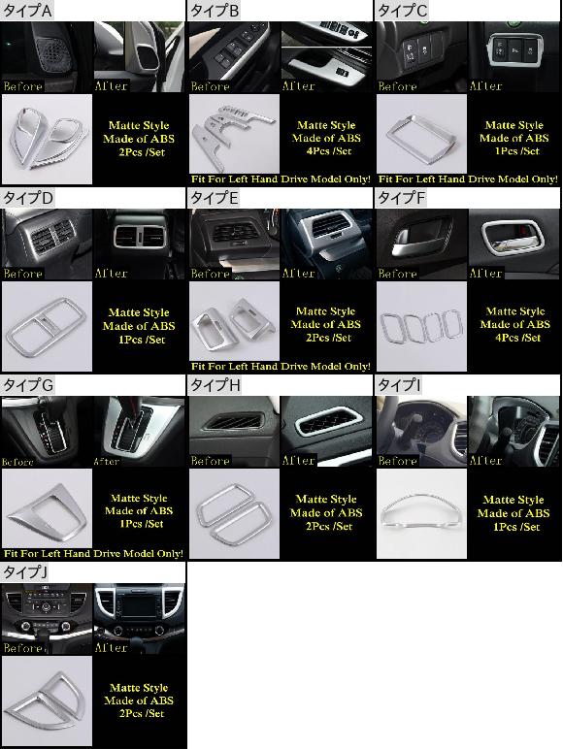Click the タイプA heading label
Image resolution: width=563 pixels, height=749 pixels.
click(27, 11)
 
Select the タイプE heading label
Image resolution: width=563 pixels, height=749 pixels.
click(215, 198)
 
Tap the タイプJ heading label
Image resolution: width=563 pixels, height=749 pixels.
click(25, 572)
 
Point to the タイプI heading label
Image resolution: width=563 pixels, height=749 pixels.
click(400, 385)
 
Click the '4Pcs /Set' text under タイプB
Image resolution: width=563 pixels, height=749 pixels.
click(328, 151)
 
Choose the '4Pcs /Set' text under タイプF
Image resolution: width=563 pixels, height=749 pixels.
click(517, 338)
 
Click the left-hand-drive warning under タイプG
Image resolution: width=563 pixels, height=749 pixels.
click(94, 554)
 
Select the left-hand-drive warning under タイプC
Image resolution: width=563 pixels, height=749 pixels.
click(468, 179)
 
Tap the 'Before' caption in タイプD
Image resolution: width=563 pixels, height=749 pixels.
click(23, 274)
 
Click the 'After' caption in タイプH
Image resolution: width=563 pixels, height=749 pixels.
click(298, 461)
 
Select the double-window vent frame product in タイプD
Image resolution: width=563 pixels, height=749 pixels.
click(46, 326)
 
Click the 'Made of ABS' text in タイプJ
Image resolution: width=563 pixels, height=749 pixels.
click(139, 700)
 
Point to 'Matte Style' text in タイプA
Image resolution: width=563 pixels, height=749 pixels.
click(139, 125)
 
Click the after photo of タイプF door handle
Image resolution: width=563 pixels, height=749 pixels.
click(513, 244)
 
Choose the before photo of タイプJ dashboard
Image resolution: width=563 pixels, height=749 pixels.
click(47, 619)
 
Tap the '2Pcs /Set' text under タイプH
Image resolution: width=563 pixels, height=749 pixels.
click(328, 526)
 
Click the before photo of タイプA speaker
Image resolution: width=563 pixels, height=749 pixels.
click(47, 57)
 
